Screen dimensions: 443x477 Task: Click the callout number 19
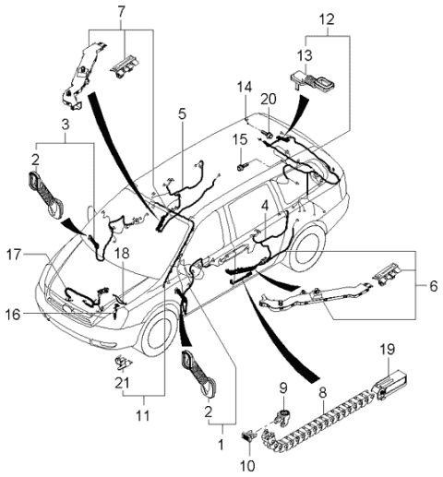pos(387,350)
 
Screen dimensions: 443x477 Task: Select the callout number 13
pos(305,55)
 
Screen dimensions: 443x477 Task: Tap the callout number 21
pos(122,383)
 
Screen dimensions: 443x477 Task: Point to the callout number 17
pos(15,255)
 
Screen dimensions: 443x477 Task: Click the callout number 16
pos(13,315)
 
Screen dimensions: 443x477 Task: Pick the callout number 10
pos(248,466)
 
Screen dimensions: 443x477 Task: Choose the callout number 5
pos(182,113)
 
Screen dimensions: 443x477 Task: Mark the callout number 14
pos(245,87)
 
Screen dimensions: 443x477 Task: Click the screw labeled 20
pos(267,134)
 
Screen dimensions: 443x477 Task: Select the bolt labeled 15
pos(243,167)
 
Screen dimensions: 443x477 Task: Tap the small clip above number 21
pos(123,362)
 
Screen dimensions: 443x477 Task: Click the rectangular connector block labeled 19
pos(389,386)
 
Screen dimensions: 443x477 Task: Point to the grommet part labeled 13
pos(312,80)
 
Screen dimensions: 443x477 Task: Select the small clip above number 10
pos(247,436)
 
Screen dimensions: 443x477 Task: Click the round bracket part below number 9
pos(282,416)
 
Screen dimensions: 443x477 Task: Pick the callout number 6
pos(434,286)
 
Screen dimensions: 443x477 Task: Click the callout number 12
pos(327,19)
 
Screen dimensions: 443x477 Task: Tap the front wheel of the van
pos(158,332)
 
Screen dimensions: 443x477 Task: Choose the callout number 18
pos(122,253)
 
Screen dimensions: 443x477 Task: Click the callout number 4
pos(265,206)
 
